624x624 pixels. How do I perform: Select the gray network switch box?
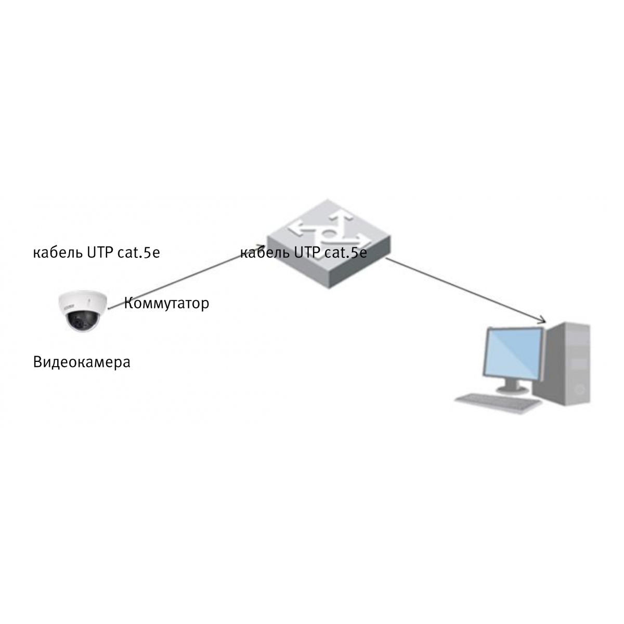(x=329, y=243)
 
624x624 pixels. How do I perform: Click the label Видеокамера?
(x=82, y=362)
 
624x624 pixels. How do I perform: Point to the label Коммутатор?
(x=166, y=303)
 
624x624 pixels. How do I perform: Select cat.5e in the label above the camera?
(x=139, y=253)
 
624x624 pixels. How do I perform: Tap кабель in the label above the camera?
(x=58, y=252)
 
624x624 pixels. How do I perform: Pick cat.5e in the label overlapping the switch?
(x=346, y=253)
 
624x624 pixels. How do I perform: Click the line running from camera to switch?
(x=187, y=277)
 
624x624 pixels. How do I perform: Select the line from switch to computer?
(x=466, y=290)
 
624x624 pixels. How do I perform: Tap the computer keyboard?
(x=499, y=404)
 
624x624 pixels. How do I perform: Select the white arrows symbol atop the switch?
(x=329, y=230)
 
